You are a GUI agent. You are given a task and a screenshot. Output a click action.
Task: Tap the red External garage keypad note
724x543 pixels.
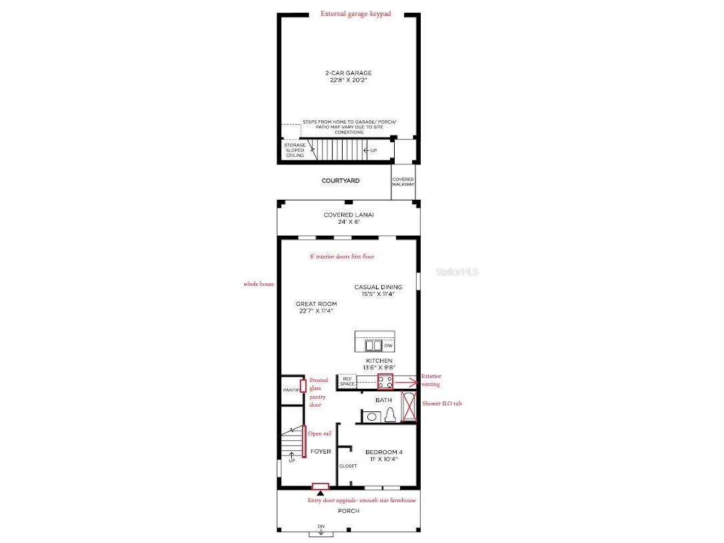pos(355,13)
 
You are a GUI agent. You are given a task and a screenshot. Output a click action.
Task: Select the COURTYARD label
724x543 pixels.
pos(341,180)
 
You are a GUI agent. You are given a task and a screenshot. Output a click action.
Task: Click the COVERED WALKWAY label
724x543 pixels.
pos(403,182)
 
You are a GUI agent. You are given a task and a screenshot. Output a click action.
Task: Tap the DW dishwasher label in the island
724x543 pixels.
pos(387,345)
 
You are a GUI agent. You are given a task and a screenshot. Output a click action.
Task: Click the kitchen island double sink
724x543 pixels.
pos(372,345)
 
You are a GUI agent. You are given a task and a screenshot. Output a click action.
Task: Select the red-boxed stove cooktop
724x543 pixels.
pos(385,382)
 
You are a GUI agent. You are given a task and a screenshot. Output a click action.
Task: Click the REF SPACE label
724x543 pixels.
pos(347,381)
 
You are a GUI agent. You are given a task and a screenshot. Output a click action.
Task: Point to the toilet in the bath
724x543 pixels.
pos(389,415)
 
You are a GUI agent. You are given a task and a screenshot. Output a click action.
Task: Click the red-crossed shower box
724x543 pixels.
pos(409,407)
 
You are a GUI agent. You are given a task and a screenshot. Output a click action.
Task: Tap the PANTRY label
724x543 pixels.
pos(291,391)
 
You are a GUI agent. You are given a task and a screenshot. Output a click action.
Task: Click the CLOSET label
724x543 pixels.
pos(348,466)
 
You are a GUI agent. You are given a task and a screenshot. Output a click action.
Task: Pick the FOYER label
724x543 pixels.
pos(321,451)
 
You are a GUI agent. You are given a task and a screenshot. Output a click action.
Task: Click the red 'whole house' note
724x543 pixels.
pos(258,284)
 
